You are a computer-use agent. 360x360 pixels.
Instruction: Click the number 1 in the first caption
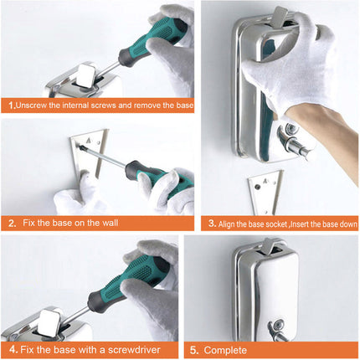(x=11, y=106)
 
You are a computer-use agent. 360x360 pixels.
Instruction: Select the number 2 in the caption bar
(x=12, y=224)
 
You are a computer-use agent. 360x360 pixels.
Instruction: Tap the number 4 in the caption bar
(x=12, y=347)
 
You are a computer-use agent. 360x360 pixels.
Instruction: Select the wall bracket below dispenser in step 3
(x=265, y=192)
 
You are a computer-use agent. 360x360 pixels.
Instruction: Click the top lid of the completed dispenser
(x=268, y=248)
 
